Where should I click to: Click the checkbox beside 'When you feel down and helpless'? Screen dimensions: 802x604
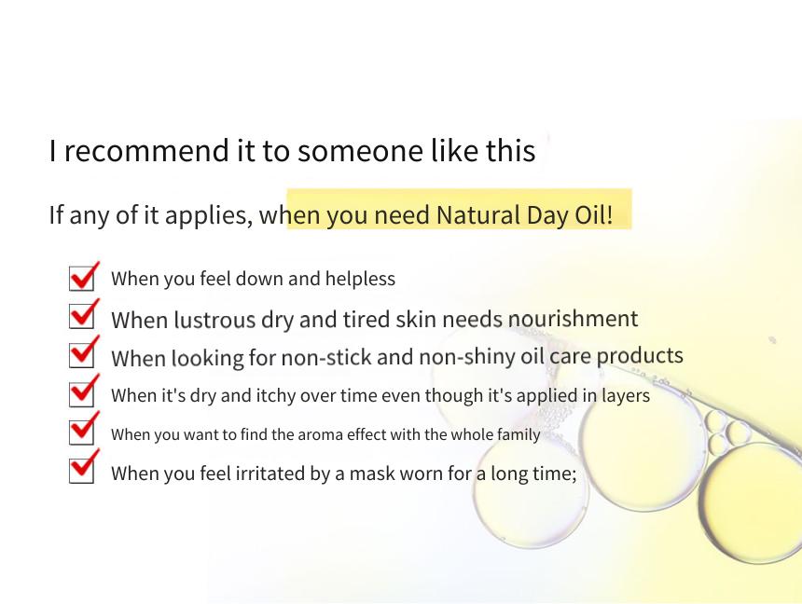82,278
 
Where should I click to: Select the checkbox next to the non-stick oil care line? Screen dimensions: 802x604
82,354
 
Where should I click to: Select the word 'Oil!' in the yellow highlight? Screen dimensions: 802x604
594,214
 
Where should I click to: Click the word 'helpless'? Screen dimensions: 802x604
360,279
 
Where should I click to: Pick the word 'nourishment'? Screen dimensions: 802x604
573,319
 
